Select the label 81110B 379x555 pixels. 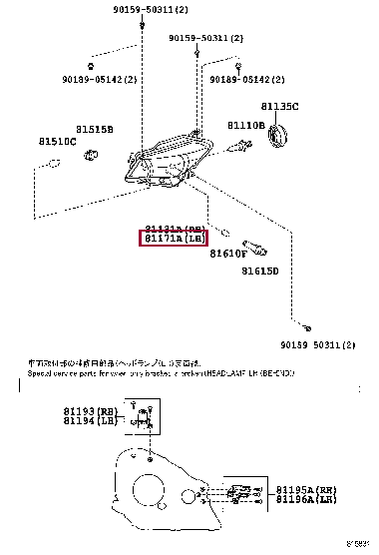point(245,126)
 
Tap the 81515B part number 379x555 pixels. point(95,130)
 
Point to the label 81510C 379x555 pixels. point(58,142)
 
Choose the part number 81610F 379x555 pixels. point(228,254)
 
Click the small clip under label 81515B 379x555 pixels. point(92,154)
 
